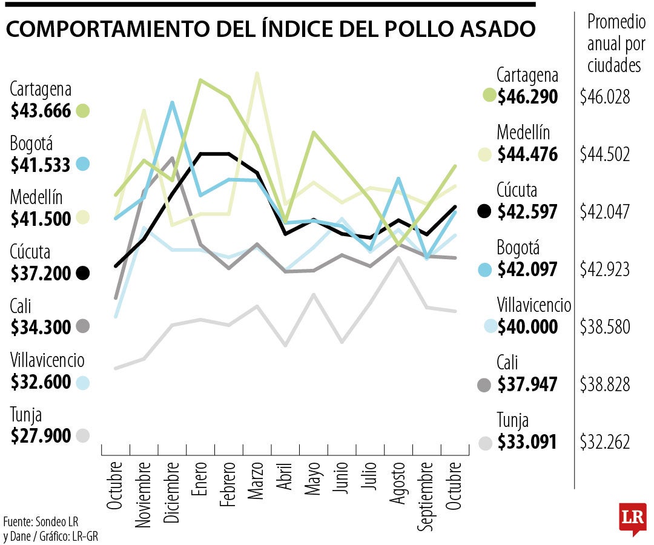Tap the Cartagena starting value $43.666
tap(41, 111)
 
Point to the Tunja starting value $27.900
tap(41, 435)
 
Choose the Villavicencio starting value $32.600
tap(41, 382)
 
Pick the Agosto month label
tap(398, 484)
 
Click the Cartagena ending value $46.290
tap(527, 96)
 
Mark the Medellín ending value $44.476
tap(527, 154)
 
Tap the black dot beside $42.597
tap(484, 211)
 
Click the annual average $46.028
tap(605, 96)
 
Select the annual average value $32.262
tap(605, 441)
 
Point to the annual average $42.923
tap(605, 269)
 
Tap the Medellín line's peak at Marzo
tap(257, 73)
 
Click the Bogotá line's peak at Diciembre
tap(173, 103)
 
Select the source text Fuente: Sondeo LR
tap(41, 521)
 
